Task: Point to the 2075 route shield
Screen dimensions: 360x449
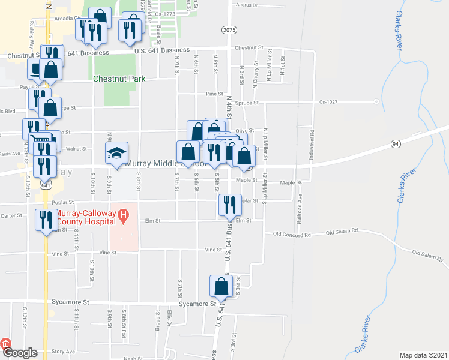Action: (229, 29)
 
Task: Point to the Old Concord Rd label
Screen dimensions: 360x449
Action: (292, 233)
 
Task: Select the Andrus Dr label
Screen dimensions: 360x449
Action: (247, 5)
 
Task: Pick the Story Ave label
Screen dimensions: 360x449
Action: (63, 351)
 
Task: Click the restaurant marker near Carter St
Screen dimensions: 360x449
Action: (46, 220)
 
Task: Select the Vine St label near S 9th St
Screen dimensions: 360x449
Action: (108, 253)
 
